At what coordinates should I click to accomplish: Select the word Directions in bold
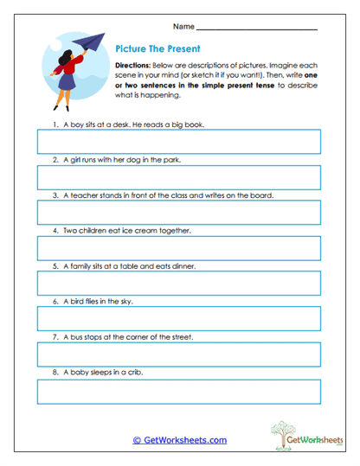(x=133, y=65)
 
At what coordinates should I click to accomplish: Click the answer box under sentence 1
(x=178, y=142)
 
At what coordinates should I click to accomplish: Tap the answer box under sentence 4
(x=178, y=248)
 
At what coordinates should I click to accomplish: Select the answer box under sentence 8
(x=178, y=391)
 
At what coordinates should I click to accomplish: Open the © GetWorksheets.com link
(x=179, y=440)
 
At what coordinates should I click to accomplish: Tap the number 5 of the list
(x=55, y=266)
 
